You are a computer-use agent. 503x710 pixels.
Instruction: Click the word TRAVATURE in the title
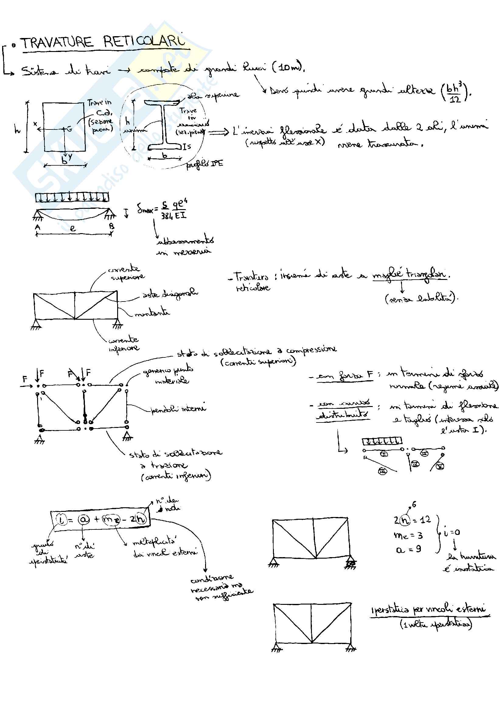[x=57, y=43]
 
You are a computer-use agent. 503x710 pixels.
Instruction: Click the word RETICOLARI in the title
[x=144, y=41]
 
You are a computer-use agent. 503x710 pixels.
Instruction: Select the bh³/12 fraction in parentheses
[x=454, y=92]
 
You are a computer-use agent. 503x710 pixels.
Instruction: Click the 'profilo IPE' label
[x=204, y=164]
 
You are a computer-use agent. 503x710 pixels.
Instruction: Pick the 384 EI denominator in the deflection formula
[x=173, y=215]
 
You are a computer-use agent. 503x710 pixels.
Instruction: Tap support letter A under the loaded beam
[x=38, y=227]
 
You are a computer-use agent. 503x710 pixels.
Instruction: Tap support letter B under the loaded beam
[x=111, y=227]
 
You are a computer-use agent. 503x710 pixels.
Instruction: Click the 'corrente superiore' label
[x=125, y=273]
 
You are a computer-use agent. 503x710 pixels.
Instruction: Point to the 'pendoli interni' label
[x=178, y=409]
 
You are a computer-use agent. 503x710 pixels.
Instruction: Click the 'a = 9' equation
[x=408, y=549]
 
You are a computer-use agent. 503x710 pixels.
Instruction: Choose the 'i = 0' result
[x=452, y=532]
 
